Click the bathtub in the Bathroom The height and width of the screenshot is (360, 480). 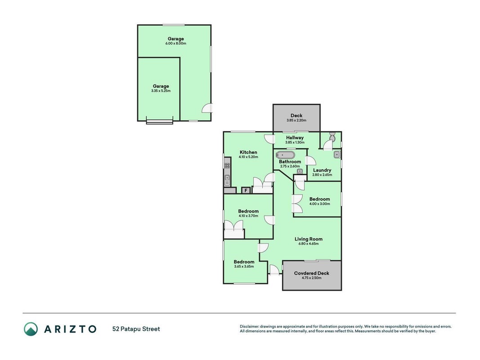285,155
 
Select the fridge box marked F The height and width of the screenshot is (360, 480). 246,190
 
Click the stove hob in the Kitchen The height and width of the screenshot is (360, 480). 227,166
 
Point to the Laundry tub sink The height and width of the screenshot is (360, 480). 336,155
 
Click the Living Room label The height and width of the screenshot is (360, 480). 309,239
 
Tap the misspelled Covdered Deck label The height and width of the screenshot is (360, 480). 312,273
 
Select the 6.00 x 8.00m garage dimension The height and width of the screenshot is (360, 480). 176,44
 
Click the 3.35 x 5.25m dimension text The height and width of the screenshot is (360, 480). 161,91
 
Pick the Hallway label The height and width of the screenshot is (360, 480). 295,138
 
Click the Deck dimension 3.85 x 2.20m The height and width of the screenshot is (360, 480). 296,120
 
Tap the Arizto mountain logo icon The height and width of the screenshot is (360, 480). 31,329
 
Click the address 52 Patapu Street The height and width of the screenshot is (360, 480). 136,329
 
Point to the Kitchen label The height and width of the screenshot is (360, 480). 248,152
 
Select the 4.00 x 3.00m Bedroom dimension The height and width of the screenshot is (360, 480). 319,204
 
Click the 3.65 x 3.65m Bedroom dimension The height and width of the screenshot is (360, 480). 244,266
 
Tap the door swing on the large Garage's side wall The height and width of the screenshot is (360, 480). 207,108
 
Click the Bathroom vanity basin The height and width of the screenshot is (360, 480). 300,171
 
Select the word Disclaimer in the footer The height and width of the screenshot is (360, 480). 250,327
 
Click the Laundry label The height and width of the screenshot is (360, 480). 322,170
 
